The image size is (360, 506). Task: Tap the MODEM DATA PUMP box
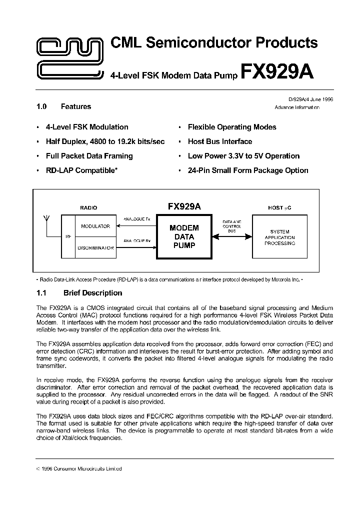[184, 236]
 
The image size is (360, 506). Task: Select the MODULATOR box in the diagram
[95, 226]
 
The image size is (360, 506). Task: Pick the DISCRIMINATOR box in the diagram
[95, 247]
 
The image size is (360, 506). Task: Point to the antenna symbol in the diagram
[46, 219]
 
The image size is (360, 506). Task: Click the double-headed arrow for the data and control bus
[231, 236]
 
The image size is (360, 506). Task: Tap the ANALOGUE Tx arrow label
[136, 219]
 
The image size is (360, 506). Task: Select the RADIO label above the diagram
[88, 207]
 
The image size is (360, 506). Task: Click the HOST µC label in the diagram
[279, 207]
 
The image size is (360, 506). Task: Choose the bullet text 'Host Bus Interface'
[220, 141]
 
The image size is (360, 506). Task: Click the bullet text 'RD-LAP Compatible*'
[81, 170]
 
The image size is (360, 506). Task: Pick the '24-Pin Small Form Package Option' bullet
[248, 170]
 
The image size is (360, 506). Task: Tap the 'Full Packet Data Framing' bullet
[89, 156]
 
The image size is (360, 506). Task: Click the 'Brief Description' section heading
[92, 293]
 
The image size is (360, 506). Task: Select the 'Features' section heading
[76, 106]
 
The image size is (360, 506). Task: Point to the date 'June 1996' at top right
[319, 99]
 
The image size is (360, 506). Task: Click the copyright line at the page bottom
[80, 468]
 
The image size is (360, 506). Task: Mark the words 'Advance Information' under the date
[304, 107]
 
